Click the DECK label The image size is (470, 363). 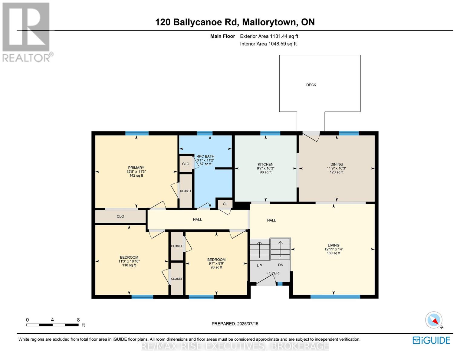311,85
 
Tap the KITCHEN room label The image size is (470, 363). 265,165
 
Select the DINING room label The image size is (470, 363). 337,165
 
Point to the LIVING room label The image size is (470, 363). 334,245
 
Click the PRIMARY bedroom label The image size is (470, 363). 136,168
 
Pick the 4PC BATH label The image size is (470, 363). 205,156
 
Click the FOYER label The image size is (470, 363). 272,273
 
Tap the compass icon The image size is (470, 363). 434,320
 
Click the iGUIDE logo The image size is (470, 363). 431,340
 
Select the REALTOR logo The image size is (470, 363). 26,32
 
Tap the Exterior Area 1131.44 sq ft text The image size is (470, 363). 269,36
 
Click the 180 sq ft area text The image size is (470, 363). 334,253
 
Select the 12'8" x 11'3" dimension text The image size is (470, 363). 136,172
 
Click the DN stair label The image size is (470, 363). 281,265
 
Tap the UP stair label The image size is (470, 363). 259,266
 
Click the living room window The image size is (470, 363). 335,297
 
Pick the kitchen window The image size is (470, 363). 270,133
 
